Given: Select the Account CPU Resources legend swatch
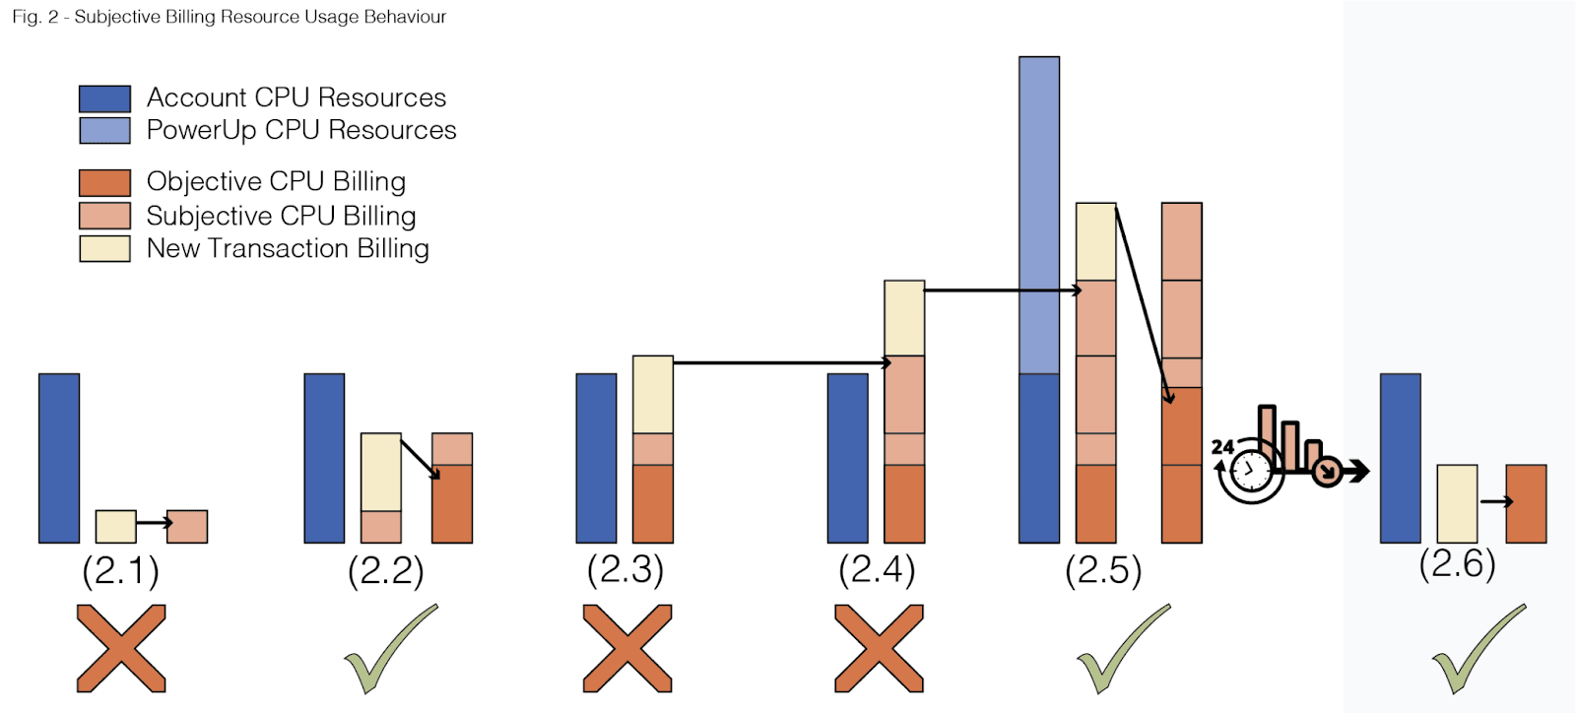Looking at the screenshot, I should (104, 98).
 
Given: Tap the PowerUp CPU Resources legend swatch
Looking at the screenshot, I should (104, 131).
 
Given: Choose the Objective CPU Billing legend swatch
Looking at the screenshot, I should (104, 183).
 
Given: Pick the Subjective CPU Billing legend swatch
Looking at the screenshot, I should (104, 216).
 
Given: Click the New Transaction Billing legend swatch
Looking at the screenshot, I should (104, 248).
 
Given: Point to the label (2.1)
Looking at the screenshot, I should (120, 571).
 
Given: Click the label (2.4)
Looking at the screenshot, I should (877, 570).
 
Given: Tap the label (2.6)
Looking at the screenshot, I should (1457, 564).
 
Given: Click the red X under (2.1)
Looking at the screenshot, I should (121, 648).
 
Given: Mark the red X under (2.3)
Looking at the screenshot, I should (627, 648).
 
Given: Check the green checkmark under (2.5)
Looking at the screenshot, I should (1122, 650).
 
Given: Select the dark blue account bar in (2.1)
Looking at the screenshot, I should (59, 458).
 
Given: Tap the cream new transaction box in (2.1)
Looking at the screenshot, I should (115, 527).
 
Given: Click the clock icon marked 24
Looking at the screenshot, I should (1249, 472).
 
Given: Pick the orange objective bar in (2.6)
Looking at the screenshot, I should (1526, 504).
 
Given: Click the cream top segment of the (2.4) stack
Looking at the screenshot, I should (904, 318).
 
